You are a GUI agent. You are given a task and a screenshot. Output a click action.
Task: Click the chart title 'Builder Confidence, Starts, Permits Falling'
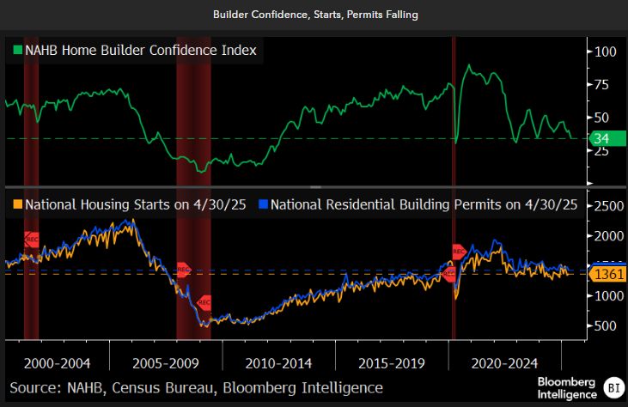coord(314,15)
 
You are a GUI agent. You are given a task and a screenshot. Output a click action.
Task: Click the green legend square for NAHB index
coord(16,51)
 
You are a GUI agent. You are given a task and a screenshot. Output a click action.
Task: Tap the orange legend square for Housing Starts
coord(16,205)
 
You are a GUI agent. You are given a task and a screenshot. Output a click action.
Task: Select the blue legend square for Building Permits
coord(265,205)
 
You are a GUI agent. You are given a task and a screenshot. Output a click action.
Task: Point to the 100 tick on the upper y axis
coord(606,52)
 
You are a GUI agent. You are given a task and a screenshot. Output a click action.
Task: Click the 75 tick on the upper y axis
coord(603,84)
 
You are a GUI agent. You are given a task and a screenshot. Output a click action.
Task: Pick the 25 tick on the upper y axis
coord(603,150)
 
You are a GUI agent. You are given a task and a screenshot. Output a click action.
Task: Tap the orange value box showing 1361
coord(609,275)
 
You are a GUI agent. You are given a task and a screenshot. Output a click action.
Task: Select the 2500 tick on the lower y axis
coord(610,206)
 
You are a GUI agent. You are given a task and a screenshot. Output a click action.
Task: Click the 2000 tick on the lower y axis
coord(610,236)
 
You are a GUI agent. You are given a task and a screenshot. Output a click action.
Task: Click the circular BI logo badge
coord(613,387)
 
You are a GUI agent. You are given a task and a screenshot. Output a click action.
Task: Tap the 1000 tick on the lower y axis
coord(610,295)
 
